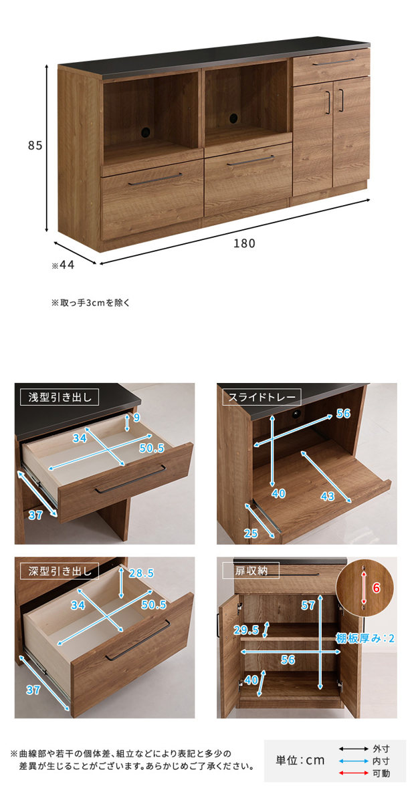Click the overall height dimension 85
click(35, 146)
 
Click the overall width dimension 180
click(244, 243)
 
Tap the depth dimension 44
click(67, 265)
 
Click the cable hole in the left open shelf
click(146, 132)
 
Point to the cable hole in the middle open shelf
click(234, 118)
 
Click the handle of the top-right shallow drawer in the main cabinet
click(333, 62)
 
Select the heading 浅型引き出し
click(60, 398)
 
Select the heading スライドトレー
click(262, 398)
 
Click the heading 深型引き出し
click(60, 571)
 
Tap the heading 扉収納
click(251, 571)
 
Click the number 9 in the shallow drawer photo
click(136, 418)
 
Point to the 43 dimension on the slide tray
click(328, 496)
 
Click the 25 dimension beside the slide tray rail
click(251, 533)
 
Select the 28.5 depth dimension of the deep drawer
click(141, 573)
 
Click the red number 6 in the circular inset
click(376, 587)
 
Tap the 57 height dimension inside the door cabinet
click(308, 605)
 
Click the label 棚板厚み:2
click(365, 638)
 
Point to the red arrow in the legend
click(354, 773)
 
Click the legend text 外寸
click(381, 749)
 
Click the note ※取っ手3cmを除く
click(90, 303)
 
